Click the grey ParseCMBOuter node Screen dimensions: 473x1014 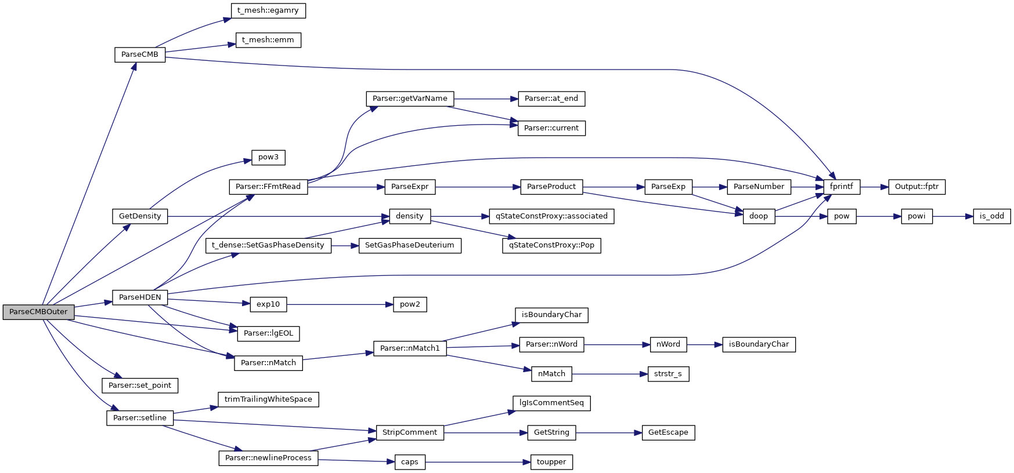(x=38, y=312)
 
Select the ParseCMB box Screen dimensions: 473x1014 (x=140, y=54)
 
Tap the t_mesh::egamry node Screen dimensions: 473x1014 (x=268, y=10)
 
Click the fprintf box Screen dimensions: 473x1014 (x=841, y=187)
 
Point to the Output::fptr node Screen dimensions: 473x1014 (x=916, y=187)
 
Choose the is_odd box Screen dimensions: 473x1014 (x=991, y=216)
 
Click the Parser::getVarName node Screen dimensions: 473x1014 (x=410, y=99)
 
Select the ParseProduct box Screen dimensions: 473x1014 (x=551, y=187)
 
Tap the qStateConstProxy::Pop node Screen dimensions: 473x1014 (x=551, y=245)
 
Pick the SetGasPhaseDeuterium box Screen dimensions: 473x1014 (x=410, y=245)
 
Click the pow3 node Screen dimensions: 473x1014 (x=268, y=157)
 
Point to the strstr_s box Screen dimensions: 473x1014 (x=668, y=374)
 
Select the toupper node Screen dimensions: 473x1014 (x=551, y=462)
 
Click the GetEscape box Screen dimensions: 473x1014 (x=668, y=432)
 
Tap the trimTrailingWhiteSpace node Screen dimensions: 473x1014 (x=268, y=399)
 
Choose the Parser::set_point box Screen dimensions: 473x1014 (x=140, y=385)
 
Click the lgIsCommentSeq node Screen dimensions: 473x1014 (x=551, y=403)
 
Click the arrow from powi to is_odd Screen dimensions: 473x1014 (x=952, y=216)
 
